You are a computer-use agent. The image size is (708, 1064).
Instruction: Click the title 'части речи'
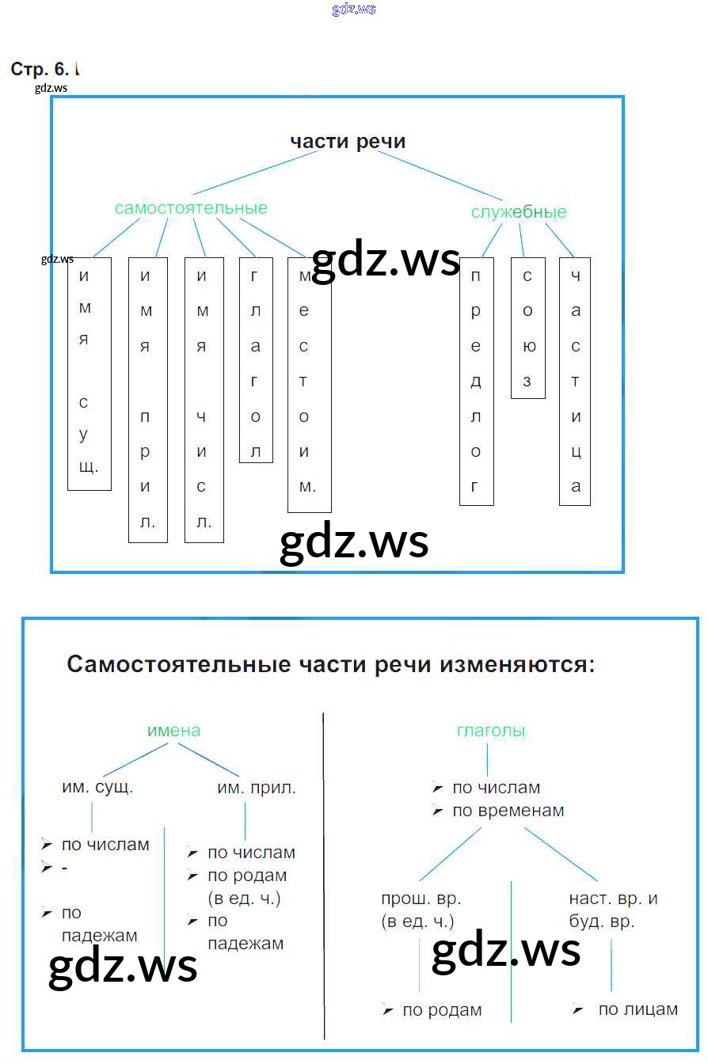click(x=348, y=142)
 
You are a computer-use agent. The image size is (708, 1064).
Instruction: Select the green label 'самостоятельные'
click(x=191, y=208)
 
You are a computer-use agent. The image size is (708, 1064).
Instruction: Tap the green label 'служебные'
click(x=519, y=212)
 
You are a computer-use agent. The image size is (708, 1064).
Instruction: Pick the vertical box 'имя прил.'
click(x=147, y=400)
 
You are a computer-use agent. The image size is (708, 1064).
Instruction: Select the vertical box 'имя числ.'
click(x=204, y=400)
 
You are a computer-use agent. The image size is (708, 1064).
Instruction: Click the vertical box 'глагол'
click(x=256, y=360)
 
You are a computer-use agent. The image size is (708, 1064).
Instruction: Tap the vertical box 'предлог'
click(x=476, y=381)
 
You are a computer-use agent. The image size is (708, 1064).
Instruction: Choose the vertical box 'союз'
click(x=527, y=328)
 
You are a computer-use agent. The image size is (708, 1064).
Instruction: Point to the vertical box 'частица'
click(x=575, y=381)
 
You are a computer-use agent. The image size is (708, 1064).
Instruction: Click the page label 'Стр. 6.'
click(x=43, y=70)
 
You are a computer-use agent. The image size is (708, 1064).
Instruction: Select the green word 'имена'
click(x=173, y=731)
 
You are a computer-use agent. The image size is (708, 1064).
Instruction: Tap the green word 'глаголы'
click(x=491, y=731)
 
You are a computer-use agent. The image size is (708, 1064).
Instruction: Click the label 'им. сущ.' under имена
click(x=97, y=788)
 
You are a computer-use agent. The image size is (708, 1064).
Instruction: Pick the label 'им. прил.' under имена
click(x=257, y=788)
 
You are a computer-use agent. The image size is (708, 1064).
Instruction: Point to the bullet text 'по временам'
click(x=508, y=811)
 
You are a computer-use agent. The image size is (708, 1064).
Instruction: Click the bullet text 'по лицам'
click(x=638, y=1009)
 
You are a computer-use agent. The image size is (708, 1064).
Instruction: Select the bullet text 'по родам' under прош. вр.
click(x=442, y=1010)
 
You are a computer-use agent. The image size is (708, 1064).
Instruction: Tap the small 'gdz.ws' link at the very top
click(x=354, y=9)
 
